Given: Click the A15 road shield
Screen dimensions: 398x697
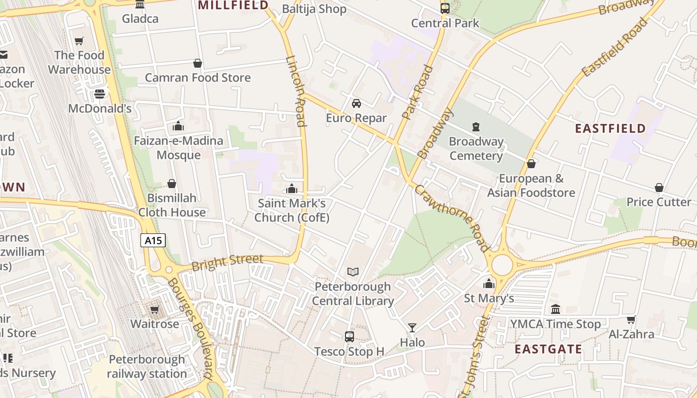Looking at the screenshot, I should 153,241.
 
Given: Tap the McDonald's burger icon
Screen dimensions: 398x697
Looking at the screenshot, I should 100,94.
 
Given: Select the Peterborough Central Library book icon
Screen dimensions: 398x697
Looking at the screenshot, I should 353,272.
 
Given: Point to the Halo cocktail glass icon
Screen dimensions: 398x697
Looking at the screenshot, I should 412,327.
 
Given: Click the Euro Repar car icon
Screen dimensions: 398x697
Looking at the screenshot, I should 356,103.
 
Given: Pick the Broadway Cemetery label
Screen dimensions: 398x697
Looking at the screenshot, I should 476,149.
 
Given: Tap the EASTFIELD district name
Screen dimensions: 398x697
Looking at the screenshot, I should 610,129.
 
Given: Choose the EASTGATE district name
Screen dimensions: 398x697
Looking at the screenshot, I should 548,349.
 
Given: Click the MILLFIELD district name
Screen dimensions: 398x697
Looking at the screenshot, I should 233,5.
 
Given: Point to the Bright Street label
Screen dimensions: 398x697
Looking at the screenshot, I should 227,262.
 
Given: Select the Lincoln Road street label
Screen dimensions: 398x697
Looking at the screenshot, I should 296,91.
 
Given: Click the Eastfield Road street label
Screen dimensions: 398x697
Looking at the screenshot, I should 616,47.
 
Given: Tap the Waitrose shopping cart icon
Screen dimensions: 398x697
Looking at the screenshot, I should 154,310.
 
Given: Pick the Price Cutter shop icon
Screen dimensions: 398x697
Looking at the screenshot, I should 659,188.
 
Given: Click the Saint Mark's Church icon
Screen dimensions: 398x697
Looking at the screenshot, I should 292,189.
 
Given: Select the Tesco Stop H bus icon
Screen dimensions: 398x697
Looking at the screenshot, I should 349,337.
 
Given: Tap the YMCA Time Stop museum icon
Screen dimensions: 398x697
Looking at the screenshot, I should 556,309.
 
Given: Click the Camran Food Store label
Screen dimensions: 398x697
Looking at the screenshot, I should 198,78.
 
